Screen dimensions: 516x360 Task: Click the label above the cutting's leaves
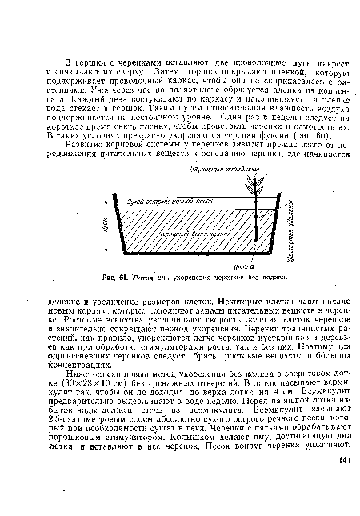(x=237, y=170)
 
